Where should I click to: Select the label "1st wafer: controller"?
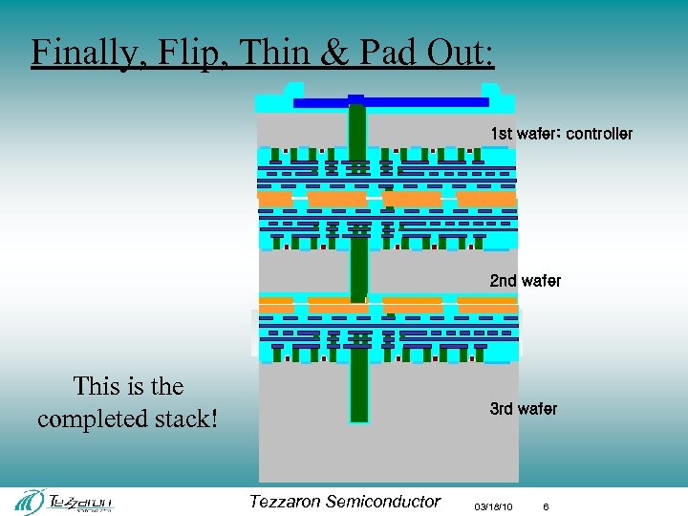click(561, 134)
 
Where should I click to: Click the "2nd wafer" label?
click(526, 281)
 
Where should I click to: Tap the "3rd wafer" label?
click(523, 409)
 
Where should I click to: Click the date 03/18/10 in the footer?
click(493, 505)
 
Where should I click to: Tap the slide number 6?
click(546, 505)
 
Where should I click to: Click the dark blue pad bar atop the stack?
click(392, 102)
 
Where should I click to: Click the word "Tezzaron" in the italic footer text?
click(284, 502)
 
